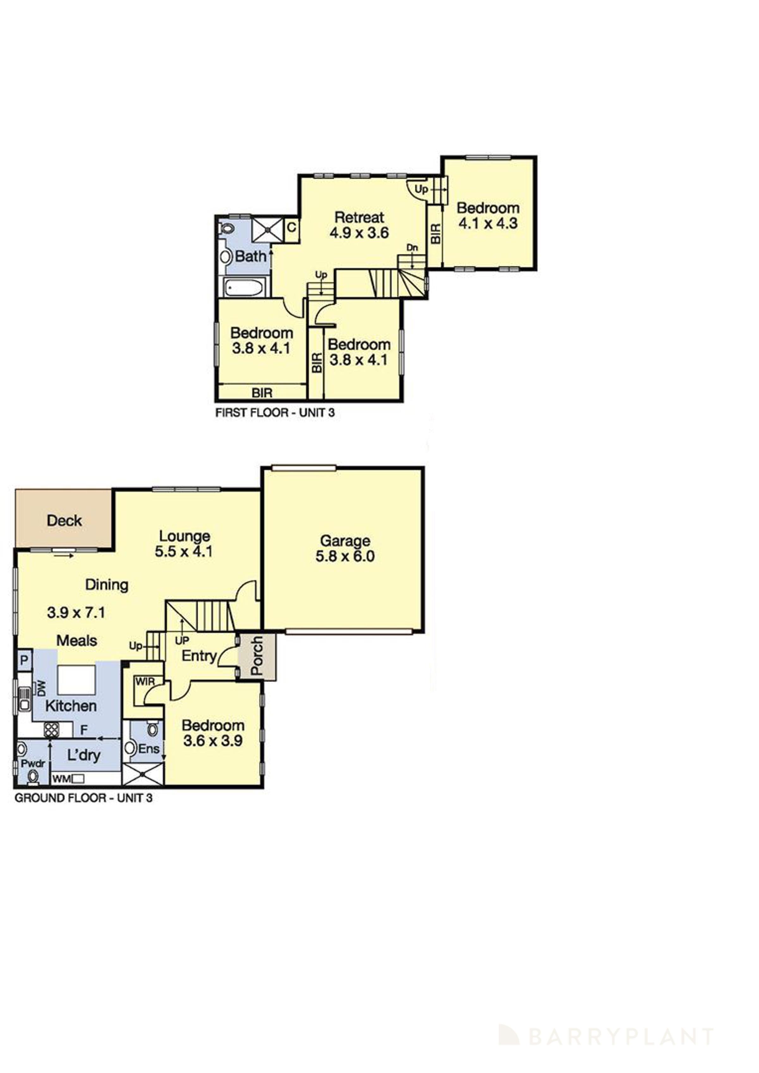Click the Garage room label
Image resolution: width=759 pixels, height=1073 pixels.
pos(345,541)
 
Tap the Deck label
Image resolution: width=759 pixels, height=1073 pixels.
pos(65,520)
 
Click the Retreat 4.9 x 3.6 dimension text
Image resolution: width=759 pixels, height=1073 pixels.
pos(359,233)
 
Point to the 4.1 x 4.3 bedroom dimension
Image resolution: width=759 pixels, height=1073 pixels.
pos(488,223)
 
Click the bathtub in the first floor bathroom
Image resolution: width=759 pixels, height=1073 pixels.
pos(243,288)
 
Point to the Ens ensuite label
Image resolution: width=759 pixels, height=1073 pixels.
pos(149,748)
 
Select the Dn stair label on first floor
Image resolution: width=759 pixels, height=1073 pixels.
pos(412,248)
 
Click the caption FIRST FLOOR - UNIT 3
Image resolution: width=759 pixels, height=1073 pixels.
pos(275,413)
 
